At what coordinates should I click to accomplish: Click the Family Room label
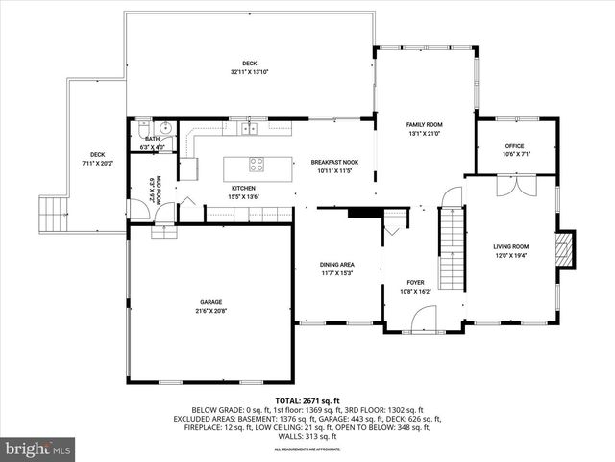424,125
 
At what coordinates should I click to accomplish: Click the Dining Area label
336,264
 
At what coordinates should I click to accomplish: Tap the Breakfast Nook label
335,162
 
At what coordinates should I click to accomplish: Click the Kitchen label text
242,188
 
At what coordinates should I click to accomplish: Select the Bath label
152,139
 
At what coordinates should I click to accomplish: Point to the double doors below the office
511,185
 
